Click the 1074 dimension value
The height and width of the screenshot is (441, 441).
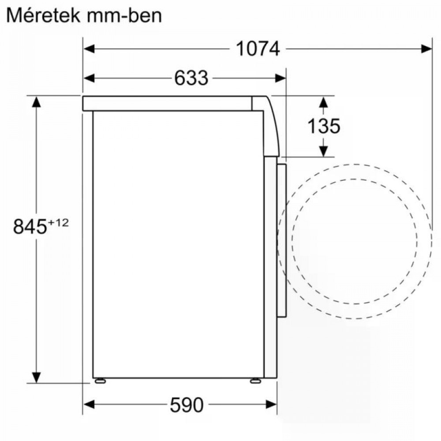tap(258, 49)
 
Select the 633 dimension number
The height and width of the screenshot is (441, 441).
tap(191, 78)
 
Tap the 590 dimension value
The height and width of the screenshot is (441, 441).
tap(187, 405)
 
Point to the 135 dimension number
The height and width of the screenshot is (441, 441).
tap(324, 126)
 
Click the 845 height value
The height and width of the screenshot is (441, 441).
tap(30, 226)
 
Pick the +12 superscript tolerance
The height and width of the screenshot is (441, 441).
tap(58, 223)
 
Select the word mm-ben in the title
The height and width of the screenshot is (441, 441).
tap(124, 16)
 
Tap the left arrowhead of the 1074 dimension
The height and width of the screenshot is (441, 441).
tap(89, 49)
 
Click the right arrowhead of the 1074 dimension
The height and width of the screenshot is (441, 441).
tap(426, 49)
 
